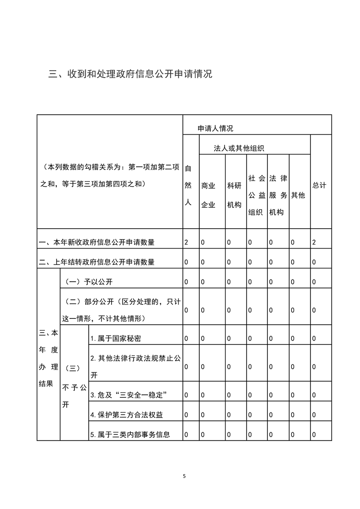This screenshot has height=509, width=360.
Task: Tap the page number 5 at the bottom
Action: coord(184,476)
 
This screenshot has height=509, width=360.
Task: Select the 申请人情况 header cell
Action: coord(215,128)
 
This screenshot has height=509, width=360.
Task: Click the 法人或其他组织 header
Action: coord(239,148)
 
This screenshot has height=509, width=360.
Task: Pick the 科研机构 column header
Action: coord(234,195)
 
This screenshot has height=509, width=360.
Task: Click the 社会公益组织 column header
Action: coord(256,195)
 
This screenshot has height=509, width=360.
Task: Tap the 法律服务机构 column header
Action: coord(277,195)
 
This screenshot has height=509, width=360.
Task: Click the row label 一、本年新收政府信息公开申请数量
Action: coord(97,242)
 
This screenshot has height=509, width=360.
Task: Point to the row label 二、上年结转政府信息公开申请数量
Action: coord(97,262)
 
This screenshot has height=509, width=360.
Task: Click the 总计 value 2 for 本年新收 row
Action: coord(314,242)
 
